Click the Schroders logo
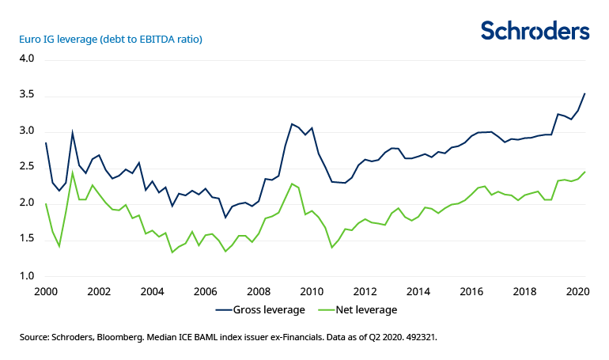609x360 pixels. [x=535, y=31]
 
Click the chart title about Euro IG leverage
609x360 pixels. [x=106, y=39]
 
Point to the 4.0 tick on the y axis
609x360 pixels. [x=27, y=59]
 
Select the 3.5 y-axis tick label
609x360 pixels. [x=27, y=95]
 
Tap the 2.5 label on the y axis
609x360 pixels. [x=27, y=167]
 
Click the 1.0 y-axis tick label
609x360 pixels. [x=27, y=276]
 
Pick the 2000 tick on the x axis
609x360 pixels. [x=46, y=291]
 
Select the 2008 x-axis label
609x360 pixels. [x=258, y=291]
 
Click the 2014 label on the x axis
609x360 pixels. [x=418, y=291]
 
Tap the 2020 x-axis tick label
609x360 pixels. [x=577, y=291]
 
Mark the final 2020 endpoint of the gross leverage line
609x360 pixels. [x=584, y=93]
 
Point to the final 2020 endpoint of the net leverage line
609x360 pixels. [x=584, y=172]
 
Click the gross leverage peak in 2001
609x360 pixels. [x=73, y=133]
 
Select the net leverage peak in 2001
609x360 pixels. [x=73, y=172]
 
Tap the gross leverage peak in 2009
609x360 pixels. [x=292, y=123]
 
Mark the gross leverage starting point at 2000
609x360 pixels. [x=46, y=142]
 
